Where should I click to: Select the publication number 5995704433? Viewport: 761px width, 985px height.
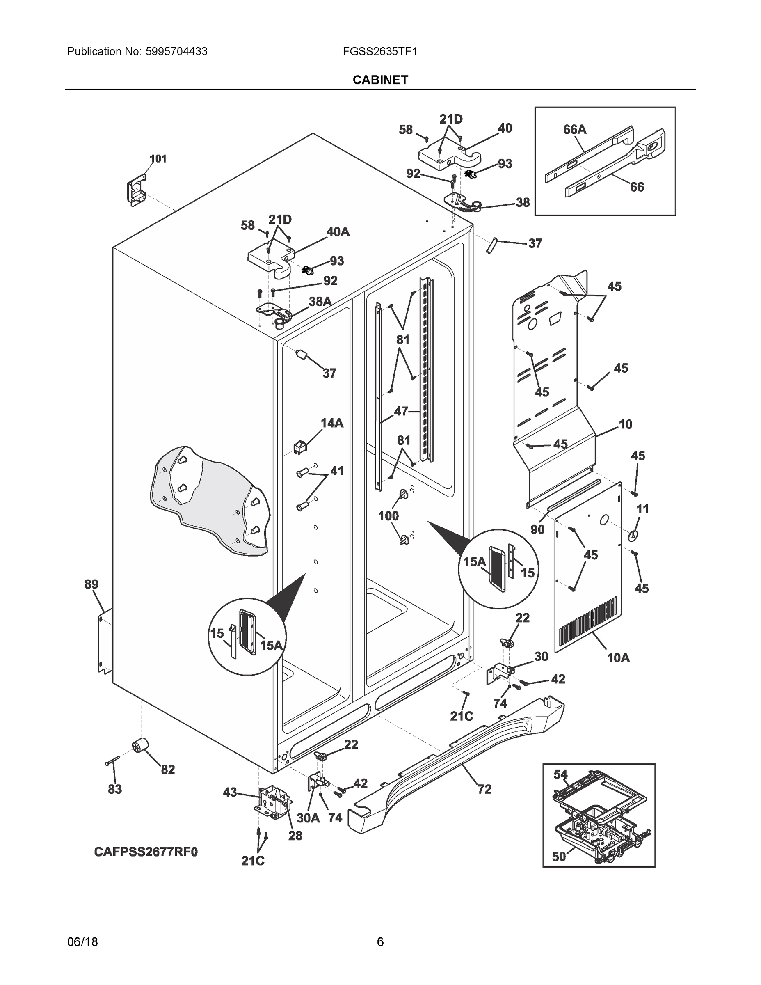[x=176, y=51]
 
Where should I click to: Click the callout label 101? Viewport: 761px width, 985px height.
[x=158, y=159]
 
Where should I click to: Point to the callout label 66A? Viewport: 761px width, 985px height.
[x=574, y=130]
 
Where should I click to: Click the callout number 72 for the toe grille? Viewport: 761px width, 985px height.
[x=484, y=789]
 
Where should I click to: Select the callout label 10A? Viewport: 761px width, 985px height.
[x=618, y=658]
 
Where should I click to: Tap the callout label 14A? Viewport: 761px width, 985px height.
[x=332, y=423]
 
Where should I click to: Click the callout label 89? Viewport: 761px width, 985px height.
[x=91, y=584]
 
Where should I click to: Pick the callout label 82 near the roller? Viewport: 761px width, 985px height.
[x=168, y=770]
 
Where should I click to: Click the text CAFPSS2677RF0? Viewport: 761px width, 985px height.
[x=146, y=852]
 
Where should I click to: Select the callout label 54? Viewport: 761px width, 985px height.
[x=560, y=774]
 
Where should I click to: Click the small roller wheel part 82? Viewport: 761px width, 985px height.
[x=140, y=746]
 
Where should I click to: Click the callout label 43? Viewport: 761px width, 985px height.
[x=230, y=793]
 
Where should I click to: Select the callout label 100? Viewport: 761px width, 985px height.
[x=388, y=516]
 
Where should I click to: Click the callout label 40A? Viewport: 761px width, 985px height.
[x=338, y=232]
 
